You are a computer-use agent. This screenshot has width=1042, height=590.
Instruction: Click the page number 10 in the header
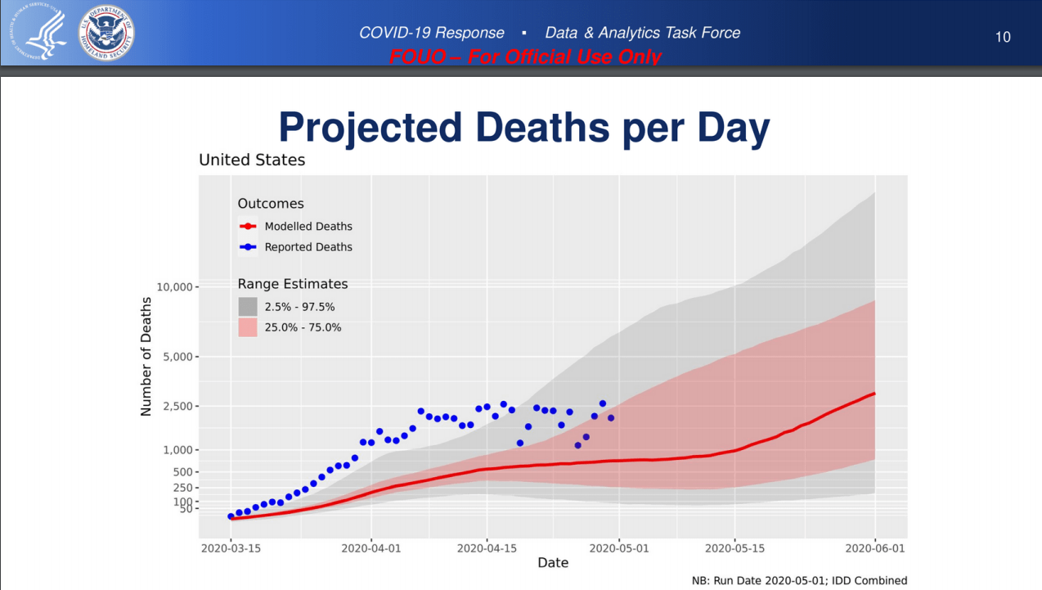click(x=1003, y=37)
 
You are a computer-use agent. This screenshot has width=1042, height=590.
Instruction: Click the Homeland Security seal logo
click(x=106, y=34)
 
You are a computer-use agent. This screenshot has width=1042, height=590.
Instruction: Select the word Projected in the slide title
click(x=371, y=128)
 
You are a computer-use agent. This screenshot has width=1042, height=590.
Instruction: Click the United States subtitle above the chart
click(x=252, y=160)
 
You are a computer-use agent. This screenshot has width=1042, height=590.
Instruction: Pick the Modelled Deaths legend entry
click(x=308, y=227)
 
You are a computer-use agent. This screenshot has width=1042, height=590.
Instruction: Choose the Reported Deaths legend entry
click(x=308, y=247)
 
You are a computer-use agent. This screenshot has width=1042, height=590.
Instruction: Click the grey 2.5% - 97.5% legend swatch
click(x=248, y=307)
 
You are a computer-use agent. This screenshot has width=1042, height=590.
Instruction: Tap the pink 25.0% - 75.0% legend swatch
click(x=248, y=327)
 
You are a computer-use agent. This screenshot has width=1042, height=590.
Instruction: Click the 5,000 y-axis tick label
click(x=175, y=357)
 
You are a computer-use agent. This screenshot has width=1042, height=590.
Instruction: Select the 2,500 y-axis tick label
click(x=175, y=406)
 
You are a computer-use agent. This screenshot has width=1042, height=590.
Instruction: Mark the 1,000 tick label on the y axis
click(x=175, y=450)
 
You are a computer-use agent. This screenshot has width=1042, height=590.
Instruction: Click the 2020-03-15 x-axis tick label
click(x=231, y=548)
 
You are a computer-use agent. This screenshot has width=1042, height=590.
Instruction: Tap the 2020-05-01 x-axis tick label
click(x=619, y=548)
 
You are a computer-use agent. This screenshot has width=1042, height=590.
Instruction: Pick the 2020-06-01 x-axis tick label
click(x=875, y=548)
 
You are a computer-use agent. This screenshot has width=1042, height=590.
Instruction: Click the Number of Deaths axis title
click(x=146, y=356)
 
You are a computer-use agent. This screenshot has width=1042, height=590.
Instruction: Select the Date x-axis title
click(x=553, y=563)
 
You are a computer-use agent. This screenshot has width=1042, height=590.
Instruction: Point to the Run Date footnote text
click(x=799, y=581)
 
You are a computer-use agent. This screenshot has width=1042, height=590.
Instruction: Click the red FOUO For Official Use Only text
click(x=525, y=57)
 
